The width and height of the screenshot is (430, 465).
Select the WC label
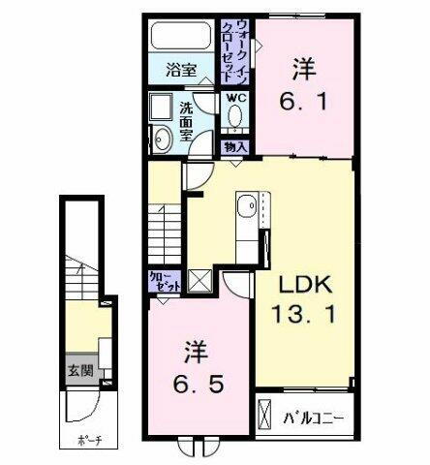(236, 98)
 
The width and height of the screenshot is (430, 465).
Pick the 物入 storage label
(235, 146)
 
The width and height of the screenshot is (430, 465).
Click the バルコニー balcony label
(314, 419)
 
